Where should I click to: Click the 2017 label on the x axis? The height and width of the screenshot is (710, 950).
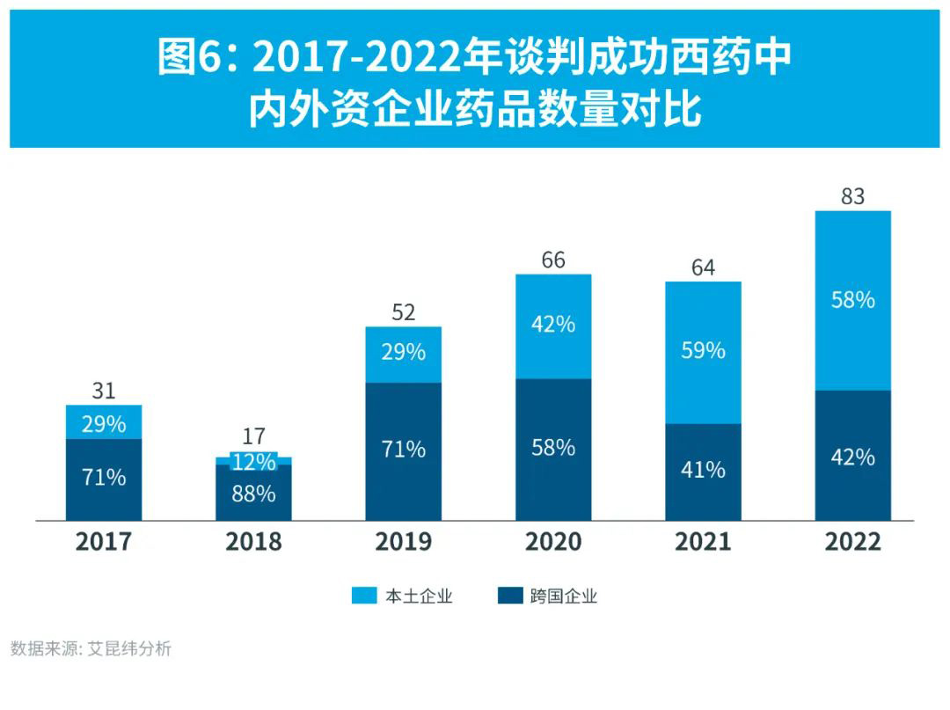point(104,541)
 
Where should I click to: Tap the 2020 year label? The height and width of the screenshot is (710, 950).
point(553,541)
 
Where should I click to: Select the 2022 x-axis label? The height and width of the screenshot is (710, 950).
point(852,541)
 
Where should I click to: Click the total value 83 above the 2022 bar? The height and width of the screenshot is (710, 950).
point(852,196)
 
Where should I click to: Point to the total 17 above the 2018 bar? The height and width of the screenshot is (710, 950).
point(253,436)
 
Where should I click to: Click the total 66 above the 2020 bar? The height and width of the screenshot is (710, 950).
point(553,260)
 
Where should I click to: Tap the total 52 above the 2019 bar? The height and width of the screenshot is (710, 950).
point(404,312)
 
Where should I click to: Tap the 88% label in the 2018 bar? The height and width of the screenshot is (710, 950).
point(253,494)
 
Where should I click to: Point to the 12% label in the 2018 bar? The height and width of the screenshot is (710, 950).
point(253,462)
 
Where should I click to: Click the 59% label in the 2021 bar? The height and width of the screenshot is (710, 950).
point(703,350)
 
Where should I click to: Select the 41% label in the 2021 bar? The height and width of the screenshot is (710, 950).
point(703,470)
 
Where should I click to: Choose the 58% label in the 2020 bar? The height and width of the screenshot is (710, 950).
point(553,448)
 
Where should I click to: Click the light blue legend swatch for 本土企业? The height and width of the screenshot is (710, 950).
point(363,596)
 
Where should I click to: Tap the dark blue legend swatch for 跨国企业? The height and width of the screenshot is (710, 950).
point(509,596)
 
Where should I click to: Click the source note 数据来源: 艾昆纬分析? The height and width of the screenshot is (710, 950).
point(91,649)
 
